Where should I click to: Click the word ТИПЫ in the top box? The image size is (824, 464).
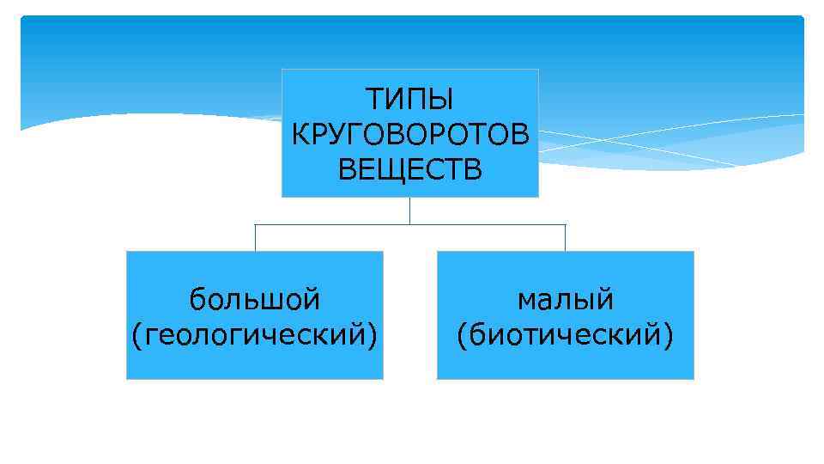(x=410, y=101)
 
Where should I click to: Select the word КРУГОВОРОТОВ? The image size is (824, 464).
(x=410, y=135)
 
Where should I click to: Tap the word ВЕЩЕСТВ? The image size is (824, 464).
(x=410, y=169)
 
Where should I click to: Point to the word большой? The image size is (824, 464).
(x=255, y=300)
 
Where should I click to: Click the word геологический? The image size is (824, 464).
(x=255, y=333)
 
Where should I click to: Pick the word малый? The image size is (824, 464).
(x=566, y=300)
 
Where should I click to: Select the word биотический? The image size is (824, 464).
(x=566, y=333)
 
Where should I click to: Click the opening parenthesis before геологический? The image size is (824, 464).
(x=136, y=334)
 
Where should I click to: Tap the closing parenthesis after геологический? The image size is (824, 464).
(x=373, y=334)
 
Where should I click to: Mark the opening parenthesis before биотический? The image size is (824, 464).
(x=463, y=334)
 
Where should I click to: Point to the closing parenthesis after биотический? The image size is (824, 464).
(x=669, y=334)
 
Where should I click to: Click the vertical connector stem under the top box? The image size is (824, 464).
(x=409, y=211)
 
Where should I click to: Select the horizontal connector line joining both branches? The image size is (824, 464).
(x=343, y=224)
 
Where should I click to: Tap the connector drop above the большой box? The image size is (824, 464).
(x=255, y=237)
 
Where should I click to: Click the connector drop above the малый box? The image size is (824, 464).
(x=566, y=237)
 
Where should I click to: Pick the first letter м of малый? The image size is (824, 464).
(x=525, y=301)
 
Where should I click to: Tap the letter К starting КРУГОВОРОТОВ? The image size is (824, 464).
(x=299, y=135)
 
